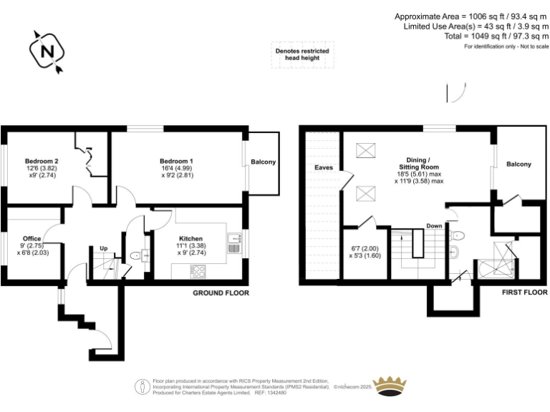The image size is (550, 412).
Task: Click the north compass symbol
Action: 48,52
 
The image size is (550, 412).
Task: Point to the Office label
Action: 31,238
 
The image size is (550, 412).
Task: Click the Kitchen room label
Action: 190,238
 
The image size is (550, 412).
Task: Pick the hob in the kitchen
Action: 197,271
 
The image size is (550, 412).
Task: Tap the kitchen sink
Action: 234,243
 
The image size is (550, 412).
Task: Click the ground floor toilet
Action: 135,253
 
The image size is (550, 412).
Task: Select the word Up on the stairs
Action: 103,249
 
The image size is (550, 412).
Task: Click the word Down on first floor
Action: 434,225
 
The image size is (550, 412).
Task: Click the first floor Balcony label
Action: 519,165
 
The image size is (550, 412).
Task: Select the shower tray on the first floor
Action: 498,261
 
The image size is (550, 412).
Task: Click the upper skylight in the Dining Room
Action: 365,150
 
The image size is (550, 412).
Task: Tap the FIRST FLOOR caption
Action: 524,293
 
